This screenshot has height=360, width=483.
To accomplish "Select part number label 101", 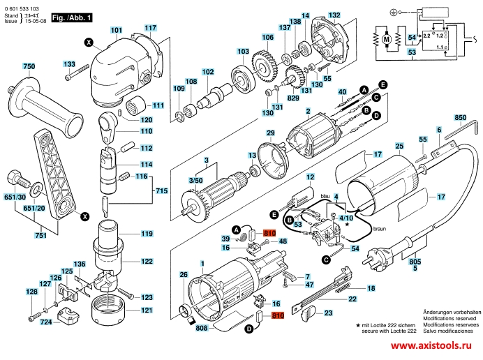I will point(116,30).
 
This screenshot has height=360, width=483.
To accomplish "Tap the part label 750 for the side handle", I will point(28,66).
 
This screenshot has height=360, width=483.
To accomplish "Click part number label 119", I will point(147,233).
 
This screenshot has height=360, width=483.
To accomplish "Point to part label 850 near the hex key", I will point(460,117).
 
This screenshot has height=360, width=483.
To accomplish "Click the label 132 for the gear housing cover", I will point(335,15).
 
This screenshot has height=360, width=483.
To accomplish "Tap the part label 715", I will point(161,191).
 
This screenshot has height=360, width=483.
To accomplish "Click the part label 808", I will point(202,328).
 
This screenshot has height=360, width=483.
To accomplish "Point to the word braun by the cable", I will point(379,227).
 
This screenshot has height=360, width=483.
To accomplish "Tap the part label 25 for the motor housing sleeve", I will point(399,146).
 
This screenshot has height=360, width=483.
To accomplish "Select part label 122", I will point(147,262).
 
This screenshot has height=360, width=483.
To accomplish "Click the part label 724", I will point(45,322).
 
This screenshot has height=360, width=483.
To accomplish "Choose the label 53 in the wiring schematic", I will point(413,52).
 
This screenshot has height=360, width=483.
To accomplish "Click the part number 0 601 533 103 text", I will point(22,5).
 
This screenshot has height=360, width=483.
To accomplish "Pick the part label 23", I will point(328,315).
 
